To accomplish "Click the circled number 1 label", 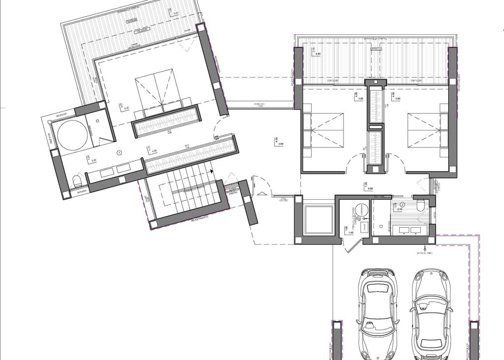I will pyautogui.click(x=119, y=153).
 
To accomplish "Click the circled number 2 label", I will pyautogui.click(x=402, y=204).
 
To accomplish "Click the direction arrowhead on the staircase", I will pyautogui.click(x=211, y=172).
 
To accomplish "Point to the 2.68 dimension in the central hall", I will pyautogui.click(x=281, y=144).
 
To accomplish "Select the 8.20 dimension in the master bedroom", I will pyautogui.click(x=126, y=108).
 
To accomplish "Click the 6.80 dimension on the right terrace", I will pyautogui.click(x=318, y=54).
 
